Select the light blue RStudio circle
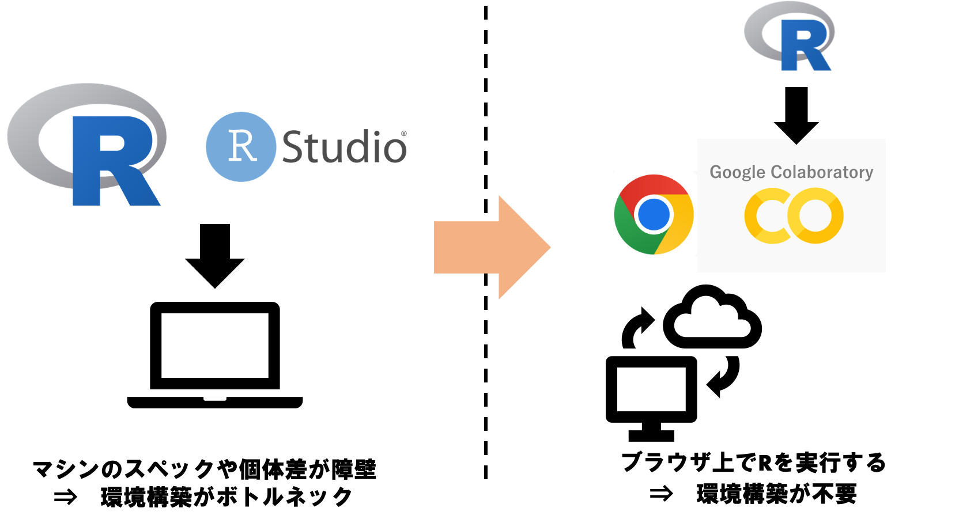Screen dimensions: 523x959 click(x=219, y=167)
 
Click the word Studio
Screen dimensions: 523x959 click(x=344, y=147)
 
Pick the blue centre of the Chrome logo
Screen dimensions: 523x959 click(x=654, y=214)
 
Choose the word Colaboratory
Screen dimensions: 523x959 click(x=822, y=172)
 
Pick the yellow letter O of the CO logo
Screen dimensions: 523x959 click(x=815, y=215)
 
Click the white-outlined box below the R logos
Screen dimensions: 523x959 click(x=205, y=482)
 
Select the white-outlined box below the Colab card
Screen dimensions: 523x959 click(x=754, y=477)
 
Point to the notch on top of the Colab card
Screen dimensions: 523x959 click(x=796, y=141)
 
